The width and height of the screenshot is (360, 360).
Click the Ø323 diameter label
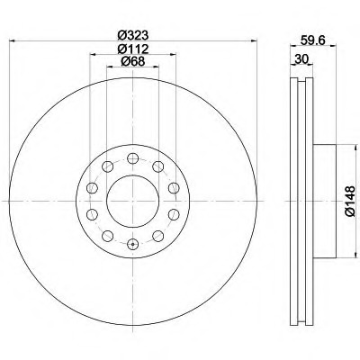click(x=133, y=35)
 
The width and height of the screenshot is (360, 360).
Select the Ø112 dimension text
click(x=133, y=49)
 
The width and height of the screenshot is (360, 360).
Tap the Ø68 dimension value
click(x=133, y=61)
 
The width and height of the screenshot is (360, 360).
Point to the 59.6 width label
click(x=313, y=40)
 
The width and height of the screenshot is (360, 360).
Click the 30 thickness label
click(x=301, y=58)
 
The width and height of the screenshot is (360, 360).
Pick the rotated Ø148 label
click(x=350, y=201)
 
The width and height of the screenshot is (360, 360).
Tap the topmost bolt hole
click(x=132, y=158)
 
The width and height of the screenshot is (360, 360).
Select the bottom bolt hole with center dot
click(x=132, y=244)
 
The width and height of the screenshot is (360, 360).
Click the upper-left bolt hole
click(x=107, y=166)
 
